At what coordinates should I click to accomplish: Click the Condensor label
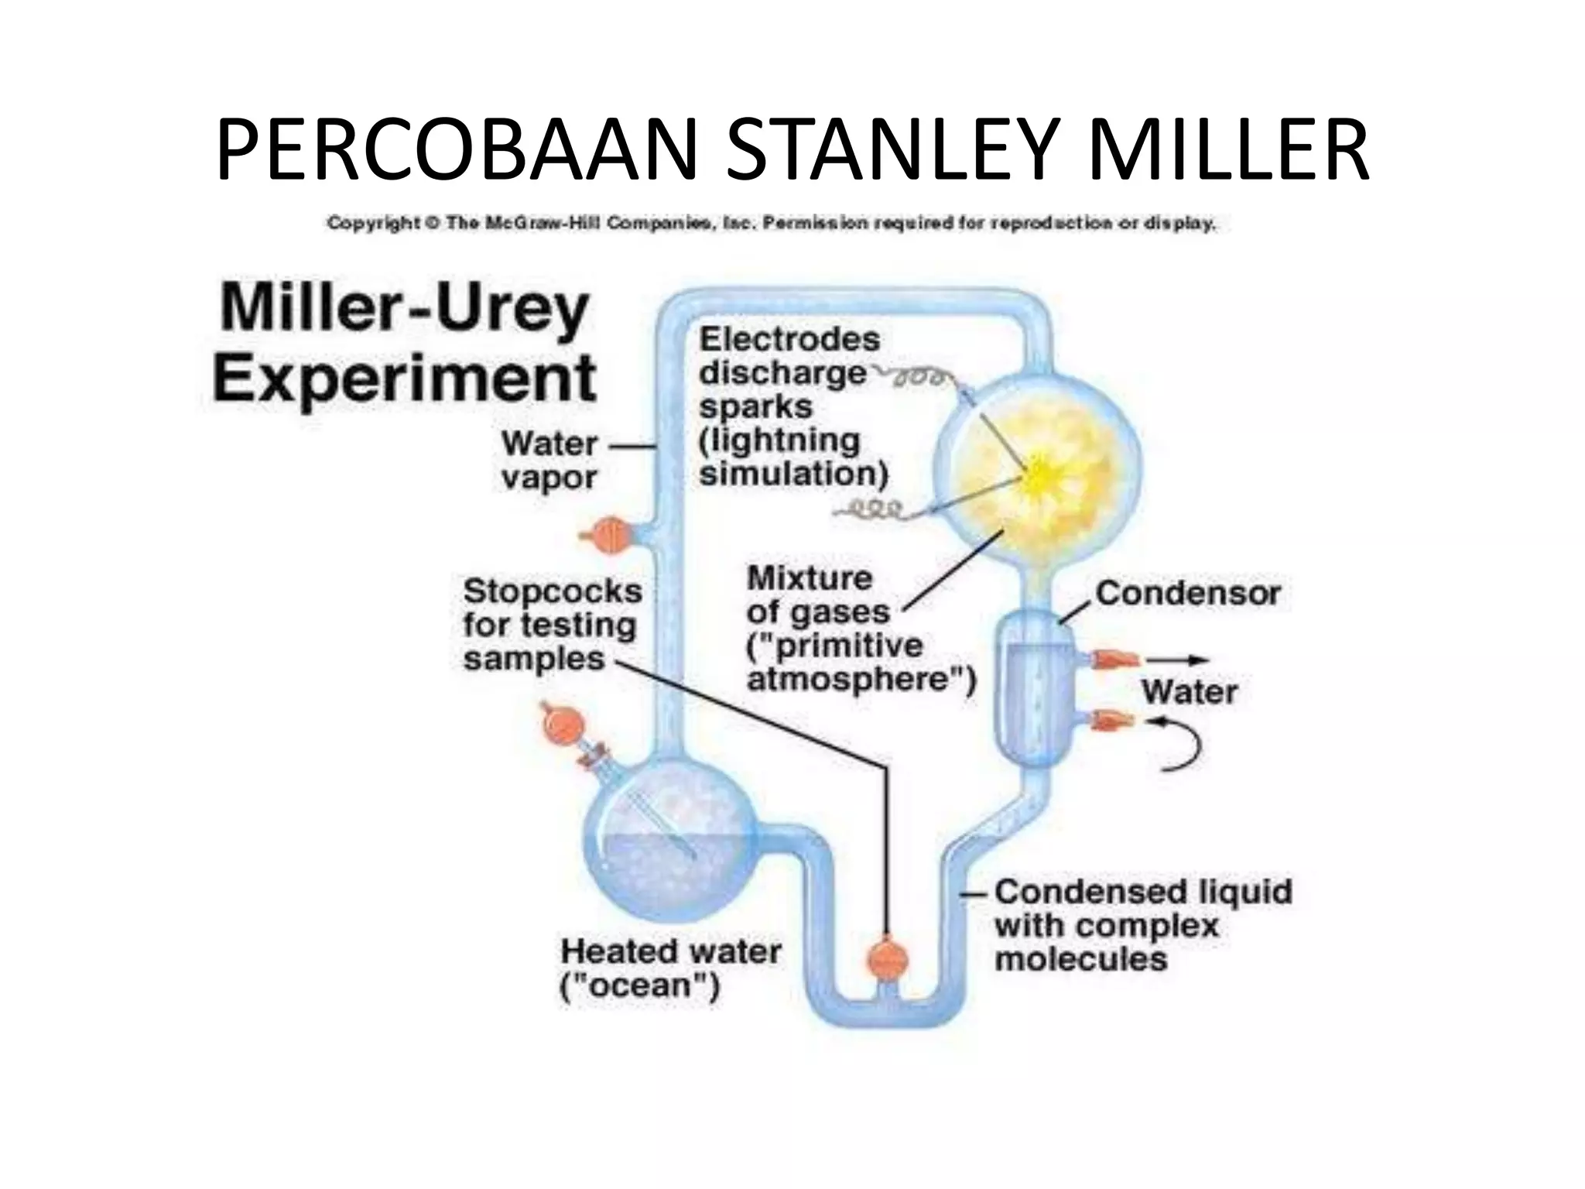coord(1188,594)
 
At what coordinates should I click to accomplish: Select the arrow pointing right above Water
coord(1177,660)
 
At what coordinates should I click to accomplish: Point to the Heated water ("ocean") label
coord(670,968)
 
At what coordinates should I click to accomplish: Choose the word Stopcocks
coord(553,592)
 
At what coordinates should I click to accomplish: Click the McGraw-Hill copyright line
coord(771,224)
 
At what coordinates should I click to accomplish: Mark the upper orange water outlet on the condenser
coord(1114,660)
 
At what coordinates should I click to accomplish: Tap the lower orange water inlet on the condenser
coord(1111,721)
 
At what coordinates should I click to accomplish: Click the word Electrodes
coord(789,339)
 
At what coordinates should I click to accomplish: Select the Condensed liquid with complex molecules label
coord(1143,925)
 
